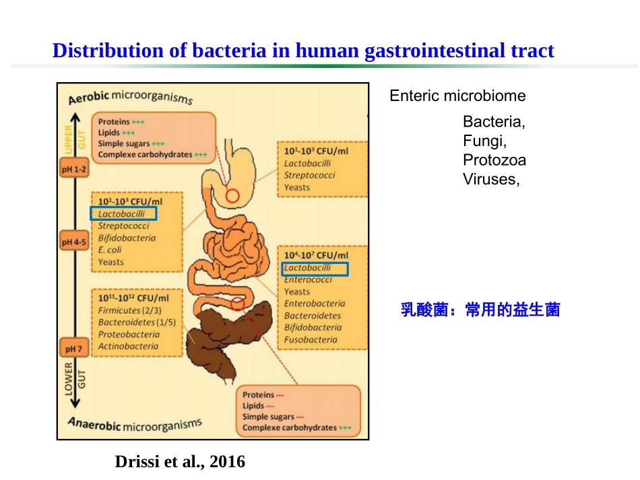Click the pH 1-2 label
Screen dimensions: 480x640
(74, 170)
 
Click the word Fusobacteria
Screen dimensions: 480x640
(311, 340)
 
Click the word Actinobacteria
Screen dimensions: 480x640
(128, 347)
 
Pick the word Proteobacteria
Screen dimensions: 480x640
(129, 335)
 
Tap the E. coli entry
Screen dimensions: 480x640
(110, 250)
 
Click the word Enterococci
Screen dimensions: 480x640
(308, 280)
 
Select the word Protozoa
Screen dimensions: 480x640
(494, 160)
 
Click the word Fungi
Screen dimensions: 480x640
(484, 141)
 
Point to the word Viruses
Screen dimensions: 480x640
(491, 179)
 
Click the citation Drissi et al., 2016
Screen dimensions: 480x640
(181, 462)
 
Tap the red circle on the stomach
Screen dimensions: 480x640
(232, 196)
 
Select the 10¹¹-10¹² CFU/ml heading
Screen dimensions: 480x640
(133, 298)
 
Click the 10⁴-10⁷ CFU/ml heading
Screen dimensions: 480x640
(316, 256)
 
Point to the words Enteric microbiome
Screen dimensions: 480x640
(457, 96)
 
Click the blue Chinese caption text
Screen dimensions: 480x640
(480, 310)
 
